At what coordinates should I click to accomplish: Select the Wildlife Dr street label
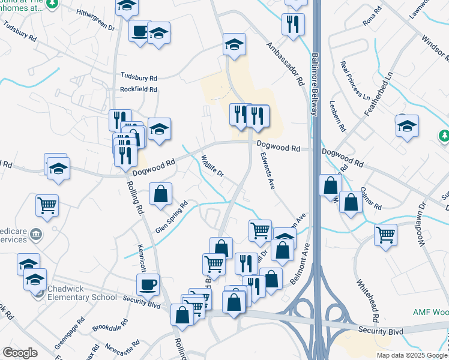coord(212,165)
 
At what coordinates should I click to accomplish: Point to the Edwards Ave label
coord(267,170)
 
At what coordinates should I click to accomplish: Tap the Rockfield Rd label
coord(139,89)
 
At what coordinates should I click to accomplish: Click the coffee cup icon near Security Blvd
coord(148,284)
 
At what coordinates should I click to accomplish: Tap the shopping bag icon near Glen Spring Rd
coord(160,194)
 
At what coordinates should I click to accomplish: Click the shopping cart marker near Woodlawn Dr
coord(385,234)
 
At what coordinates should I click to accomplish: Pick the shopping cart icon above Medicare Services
coord(47,205)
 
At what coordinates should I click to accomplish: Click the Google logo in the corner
coord(20,353)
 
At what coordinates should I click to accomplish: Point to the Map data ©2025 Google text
coord(411,355)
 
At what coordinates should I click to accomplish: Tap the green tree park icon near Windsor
coord(444,136)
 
